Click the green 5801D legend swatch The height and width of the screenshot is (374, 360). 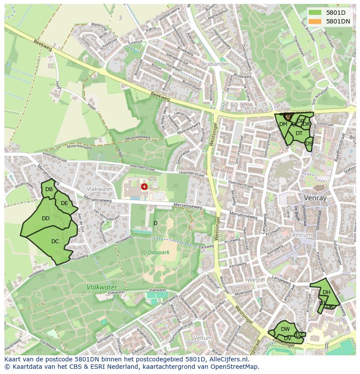[315, 13]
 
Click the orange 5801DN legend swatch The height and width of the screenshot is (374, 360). [315, 21]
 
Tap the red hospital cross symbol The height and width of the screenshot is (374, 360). [144, 187]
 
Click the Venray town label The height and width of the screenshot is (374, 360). [315, 198]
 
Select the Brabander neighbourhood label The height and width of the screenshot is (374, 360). [215, 64]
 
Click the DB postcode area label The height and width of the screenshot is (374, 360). [49, 189]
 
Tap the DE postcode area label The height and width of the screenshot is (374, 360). [64, 203]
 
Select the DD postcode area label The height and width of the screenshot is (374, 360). [46, 218]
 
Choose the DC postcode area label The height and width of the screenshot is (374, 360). [55, 242]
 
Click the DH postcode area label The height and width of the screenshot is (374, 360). [326, 292]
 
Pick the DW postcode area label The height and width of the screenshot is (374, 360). [285, 330]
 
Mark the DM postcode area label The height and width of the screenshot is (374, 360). [283, 124]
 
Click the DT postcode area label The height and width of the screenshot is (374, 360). [299, 133]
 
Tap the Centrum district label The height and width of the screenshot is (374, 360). [300, 235]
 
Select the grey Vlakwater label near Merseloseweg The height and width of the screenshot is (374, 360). [100, 189]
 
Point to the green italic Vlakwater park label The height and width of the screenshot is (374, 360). [101, 287]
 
